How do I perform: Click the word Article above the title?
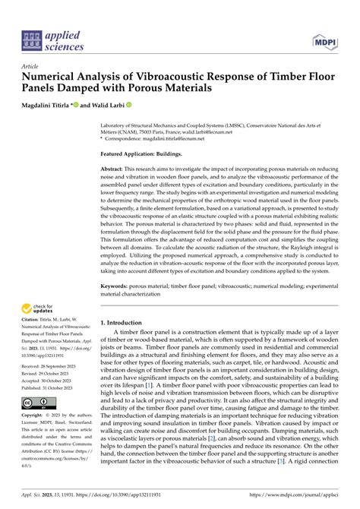click(x=32, y=67)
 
